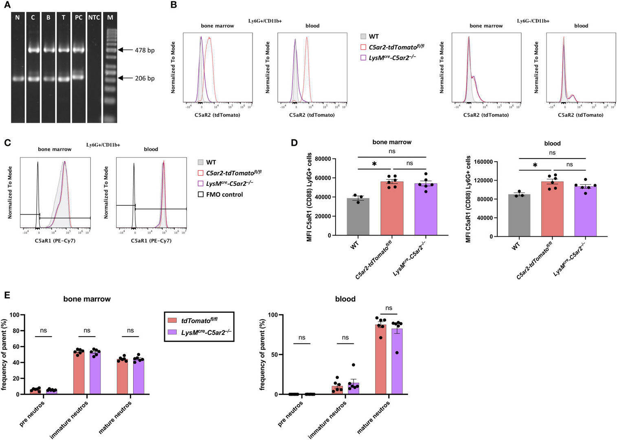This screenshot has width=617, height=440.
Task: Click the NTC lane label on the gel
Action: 94,18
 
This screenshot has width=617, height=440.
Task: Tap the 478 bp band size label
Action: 145,51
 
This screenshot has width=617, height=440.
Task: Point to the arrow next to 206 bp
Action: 125,78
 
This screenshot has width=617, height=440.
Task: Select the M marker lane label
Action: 109,18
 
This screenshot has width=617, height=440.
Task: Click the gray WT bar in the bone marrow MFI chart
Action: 358,216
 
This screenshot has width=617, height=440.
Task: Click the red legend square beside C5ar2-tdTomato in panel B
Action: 363,47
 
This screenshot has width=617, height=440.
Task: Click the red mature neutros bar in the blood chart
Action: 380,359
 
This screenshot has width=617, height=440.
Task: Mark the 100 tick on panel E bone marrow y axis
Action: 16,315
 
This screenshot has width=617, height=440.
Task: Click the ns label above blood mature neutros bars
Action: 389,308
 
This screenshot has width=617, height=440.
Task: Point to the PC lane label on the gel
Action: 79,18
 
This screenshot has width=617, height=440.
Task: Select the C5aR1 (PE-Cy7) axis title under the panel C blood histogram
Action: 151,241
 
